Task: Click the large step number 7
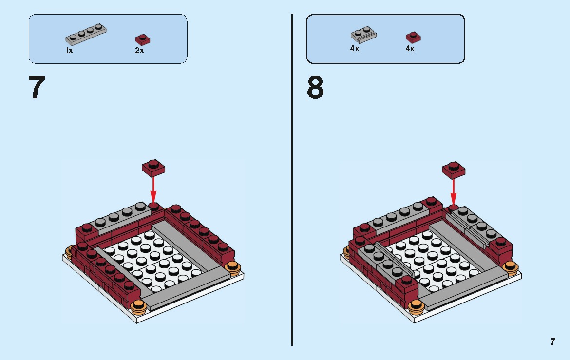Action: pos(37,88)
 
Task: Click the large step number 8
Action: pos(315,88)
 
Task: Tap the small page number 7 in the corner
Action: pos(552,342)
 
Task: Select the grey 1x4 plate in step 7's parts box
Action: pos(86,34)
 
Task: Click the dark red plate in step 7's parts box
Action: pos(142,39)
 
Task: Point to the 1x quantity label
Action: pos(70,51)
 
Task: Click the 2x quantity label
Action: pos(140,51)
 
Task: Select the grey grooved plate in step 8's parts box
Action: pos(363,35)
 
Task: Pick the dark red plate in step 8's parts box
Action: pos(413,38)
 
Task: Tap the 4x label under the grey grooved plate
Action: pos(355,49)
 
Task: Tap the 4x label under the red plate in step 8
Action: pos(410,49)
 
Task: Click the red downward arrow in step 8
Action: pos(454,191)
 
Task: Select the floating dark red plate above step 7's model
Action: pos(153,167)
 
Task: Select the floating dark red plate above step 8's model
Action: pos(454,169)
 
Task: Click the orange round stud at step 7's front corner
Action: pos(139,306)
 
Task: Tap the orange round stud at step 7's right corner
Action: pos(233,267)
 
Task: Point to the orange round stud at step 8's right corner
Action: pos(510,266)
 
